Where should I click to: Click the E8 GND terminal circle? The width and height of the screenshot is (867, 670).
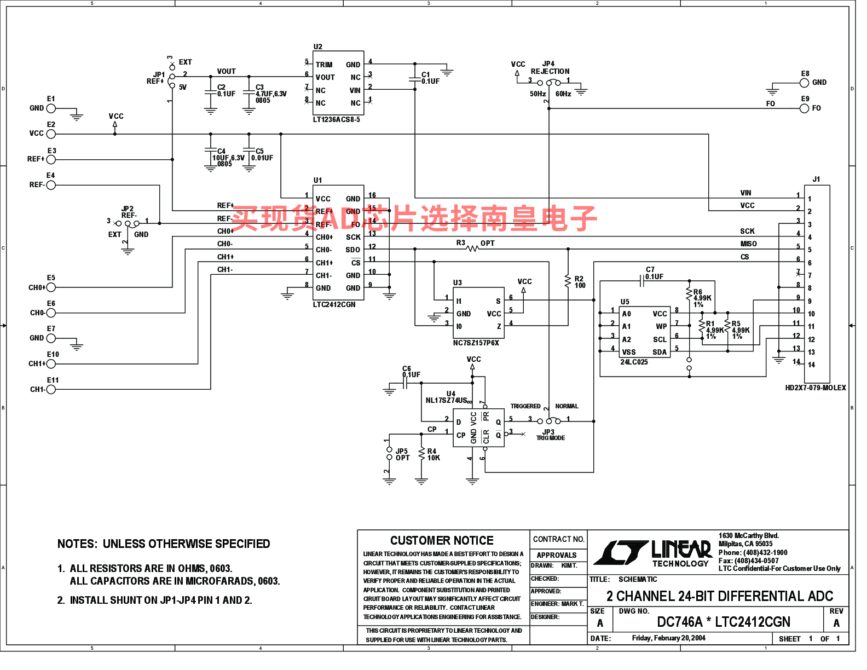(804, 83)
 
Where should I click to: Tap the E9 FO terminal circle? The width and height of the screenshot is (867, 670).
(804, 108)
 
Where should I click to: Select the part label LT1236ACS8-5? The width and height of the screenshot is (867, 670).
(336, 120)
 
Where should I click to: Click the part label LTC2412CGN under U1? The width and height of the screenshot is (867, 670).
(334, 305)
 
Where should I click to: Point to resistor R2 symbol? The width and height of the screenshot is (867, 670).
(568, 281)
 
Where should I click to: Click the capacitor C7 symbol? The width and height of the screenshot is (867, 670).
(642, 281)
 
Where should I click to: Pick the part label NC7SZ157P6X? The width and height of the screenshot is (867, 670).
(476, 343)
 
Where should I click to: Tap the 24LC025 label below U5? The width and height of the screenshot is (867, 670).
(634, 362)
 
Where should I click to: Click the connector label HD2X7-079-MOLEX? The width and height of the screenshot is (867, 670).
(815, 388)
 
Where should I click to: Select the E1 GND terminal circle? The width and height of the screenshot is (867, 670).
(51, 108)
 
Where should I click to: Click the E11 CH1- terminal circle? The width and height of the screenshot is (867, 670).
(51, 390)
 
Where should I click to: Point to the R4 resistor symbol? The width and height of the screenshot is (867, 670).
(421, 454)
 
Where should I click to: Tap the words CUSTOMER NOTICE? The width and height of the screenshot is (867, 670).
(442, 541)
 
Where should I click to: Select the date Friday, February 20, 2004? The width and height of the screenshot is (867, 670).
(668, 638)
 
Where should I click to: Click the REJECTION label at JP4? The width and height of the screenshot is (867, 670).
(550, 72)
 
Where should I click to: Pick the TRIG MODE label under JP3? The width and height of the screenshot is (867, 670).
(550, 438)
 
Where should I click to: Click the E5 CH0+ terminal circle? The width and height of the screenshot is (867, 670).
(51, 287)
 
